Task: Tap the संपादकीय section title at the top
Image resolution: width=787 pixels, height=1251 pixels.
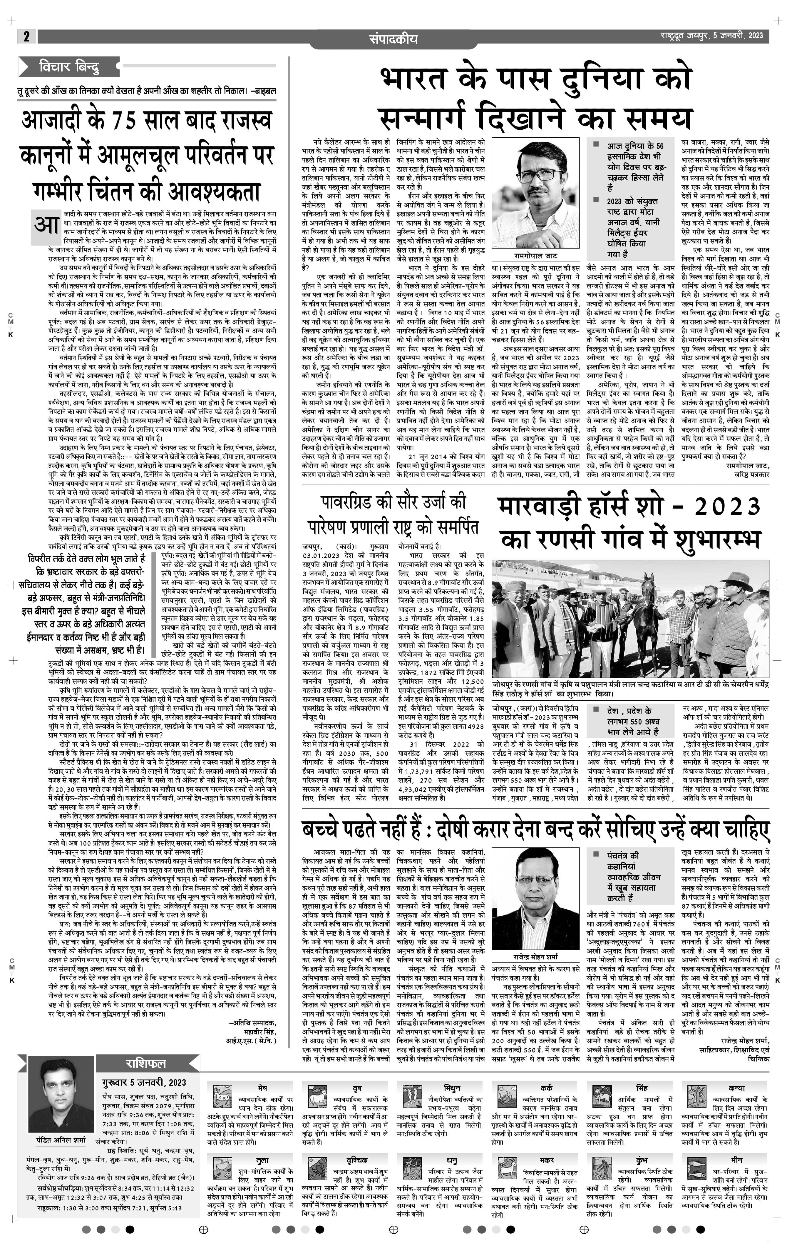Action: pyautogui.click(x=393, y=39)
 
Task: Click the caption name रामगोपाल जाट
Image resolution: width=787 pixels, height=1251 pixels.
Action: pyautogui.click(x=535, y=256)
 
